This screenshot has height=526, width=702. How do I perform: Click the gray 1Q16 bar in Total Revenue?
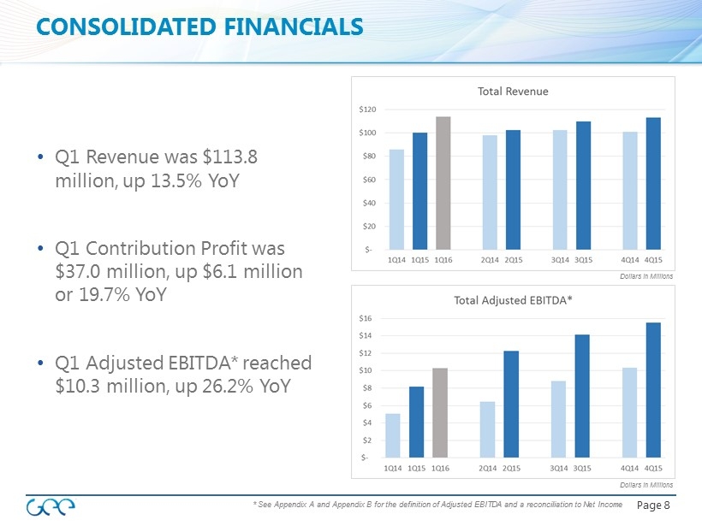point(443,183)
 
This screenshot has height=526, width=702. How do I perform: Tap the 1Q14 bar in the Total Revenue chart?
point(396,199)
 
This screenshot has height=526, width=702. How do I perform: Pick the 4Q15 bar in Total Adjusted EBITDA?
point(653,390)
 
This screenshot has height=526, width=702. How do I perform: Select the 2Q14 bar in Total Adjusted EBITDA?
point(488,429)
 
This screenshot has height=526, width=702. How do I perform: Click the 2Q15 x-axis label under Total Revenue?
point(514,259)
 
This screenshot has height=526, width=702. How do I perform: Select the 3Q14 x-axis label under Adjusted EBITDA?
point(558,468)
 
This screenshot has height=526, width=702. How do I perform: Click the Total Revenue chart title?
point(513,91)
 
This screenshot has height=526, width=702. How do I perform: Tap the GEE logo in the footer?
point(53,506)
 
